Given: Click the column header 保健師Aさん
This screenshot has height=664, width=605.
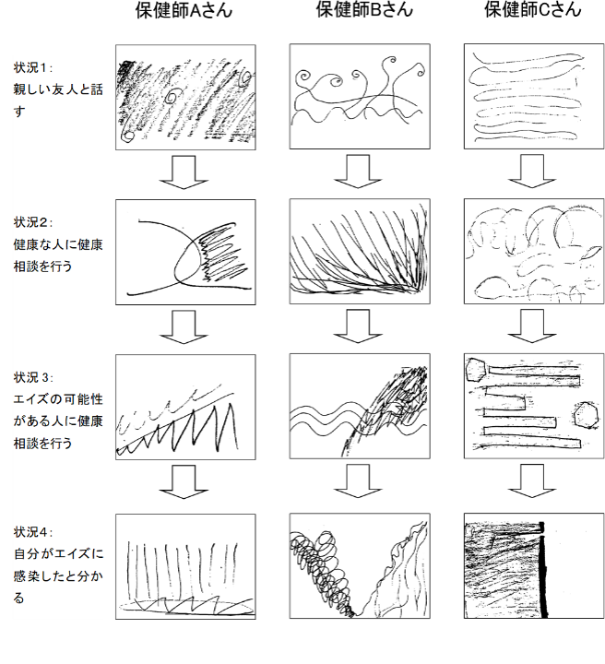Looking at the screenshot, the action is (x=184, y=10).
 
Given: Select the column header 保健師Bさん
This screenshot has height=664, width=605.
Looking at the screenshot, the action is (x=364, y=10).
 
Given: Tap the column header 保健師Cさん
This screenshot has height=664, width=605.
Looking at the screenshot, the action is (x=533, y=10).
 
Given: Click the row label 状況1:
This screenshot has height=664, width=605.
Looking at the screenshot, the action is (x=32, y=67).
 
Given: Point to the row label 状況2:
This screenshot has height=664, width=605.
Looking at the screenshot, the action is (x=32, y=222).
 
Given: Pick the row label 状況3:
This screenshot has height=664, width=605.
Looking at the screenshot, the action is (x=32, y=377).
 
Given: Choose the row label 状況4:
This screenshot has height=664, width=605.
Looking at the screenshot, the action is (x=32, y=532).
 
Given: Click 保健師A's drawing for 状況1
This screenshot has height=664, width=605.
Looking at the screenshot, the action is (x=185, y=97).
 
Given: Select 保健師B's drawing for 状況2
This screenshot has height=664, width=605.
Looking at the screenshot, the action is (x=360, y=251).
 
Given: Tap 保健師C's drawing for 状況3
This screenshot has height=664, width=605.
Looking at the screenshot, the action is (x=534, y=406).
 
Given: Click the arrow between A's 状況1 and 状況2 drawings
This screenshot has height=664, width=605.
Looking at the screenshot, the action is (x=184, y=172).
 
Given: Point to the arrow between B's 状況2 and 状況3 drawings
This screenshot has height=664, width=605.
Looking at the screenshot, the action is (x=358, y=326).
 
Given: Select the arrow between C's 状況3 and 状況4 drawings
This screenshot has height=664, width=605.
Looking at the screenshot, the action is (x=532, y=481).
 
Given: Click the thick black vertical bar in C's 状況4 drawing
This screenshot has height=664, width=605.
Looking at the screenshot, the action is (x=543, y=570).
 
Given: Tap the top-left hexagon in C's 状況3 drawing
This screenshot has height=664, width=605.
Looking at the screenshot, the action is (x=477, y=370).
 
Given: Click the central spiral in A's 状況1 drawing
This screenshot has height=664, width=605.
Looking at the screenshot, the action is (x=172, y=97).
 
